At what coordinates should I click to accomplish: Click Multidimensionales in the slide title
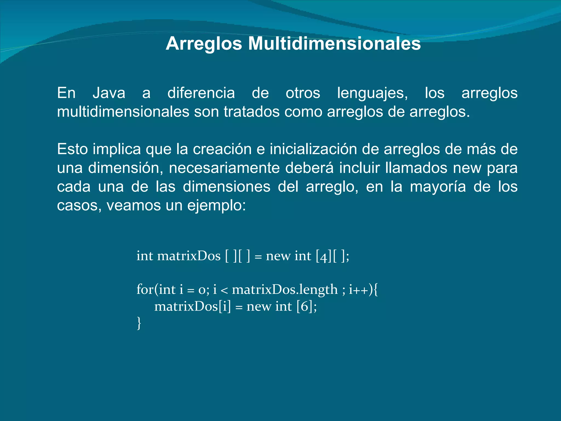[x=334, y=44]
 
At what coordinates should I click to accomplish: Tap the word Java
[x=109, y=93]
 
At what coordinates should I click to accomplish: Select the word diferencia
[x=201, y=93]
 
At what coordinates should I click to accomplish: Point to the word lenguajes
[x=372, y=93]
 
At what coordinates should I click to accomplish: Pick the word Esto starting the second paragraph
[x=72, y=149]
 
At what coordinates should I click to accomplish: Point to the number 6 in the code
[x=305, y=306]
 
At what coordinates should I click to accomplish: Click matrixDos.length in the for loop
[x=285, y=289]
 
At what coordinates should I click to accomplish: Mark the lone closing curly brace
[x=139, y=323]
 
